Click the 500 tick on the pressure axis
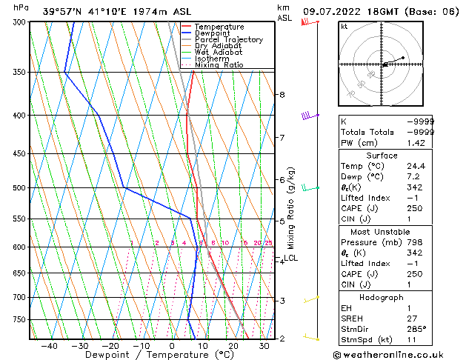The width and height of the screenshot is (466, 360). [x=19, y=188]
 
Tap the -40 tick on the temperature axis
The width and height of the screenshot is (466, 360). [x=49, y=345]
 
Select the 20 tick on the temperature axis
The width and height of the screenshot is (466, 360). [x=233, y=345]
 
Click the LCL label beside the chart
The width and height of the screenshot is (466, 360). [x=290, y=259]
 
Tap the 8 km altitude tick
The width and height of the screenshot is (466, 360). [x=282, y=95]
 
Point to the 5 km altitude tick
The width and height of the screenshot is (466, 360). [x=282, y=221]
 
